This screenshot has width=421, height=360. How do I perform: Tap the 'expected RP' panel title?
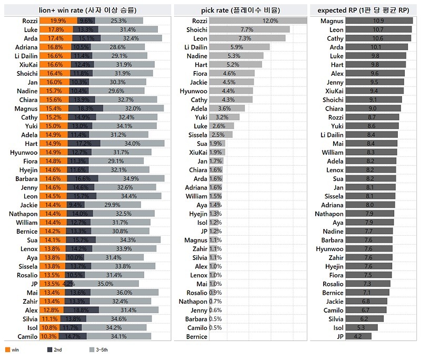coord(364,9)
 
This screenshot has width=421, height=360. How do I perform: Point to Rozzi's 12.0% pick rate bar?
coord(258,21)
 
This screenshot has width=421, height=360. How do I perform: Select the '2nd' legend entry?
coord(54,349)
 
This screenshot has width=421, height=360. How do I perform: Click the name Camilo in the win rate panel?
coord(27,336)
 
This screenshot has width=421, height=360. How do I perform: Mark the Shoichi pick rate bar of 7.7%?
coord(249,30)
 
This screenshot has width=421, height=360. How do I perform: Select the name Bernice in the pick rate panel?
coord(197,336)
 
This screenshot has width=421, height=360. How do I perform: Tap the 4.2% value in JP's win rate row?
coord(68,284)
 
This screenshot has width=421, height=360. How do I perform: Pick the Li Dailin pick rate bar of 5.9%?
coord(239,47)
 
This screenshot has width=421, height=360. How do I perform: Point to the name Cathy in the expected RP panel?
coord(335,38)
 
